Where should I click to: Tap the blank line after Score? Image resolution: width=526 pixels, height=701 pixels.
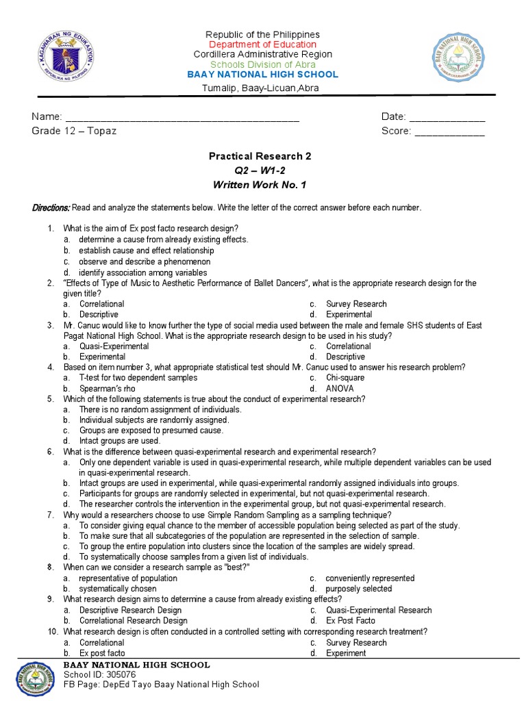point(449,131)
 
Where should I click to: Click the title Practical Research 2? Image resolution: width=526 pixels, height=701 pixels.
point(260,156)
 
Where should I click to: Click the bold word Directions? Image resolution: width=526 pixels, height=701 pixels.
point(51,207)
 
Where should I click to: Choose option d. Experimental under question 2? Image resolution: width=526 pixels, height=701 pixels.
point(349,314)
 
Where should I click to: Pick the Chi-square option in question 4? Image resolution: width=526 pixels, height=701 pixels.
point(345,378)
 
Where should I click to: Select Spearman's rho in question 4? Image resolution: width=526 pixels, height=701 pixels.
point(107,389)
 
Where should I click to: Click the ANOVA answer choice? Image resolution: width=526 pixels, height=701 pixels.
point(340,389)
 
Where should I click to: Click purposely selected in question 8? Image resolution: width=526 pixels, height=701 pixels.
point(358,589)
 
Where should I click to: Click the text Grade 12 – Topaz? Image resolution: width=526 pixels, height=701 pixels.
point(74,131)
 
